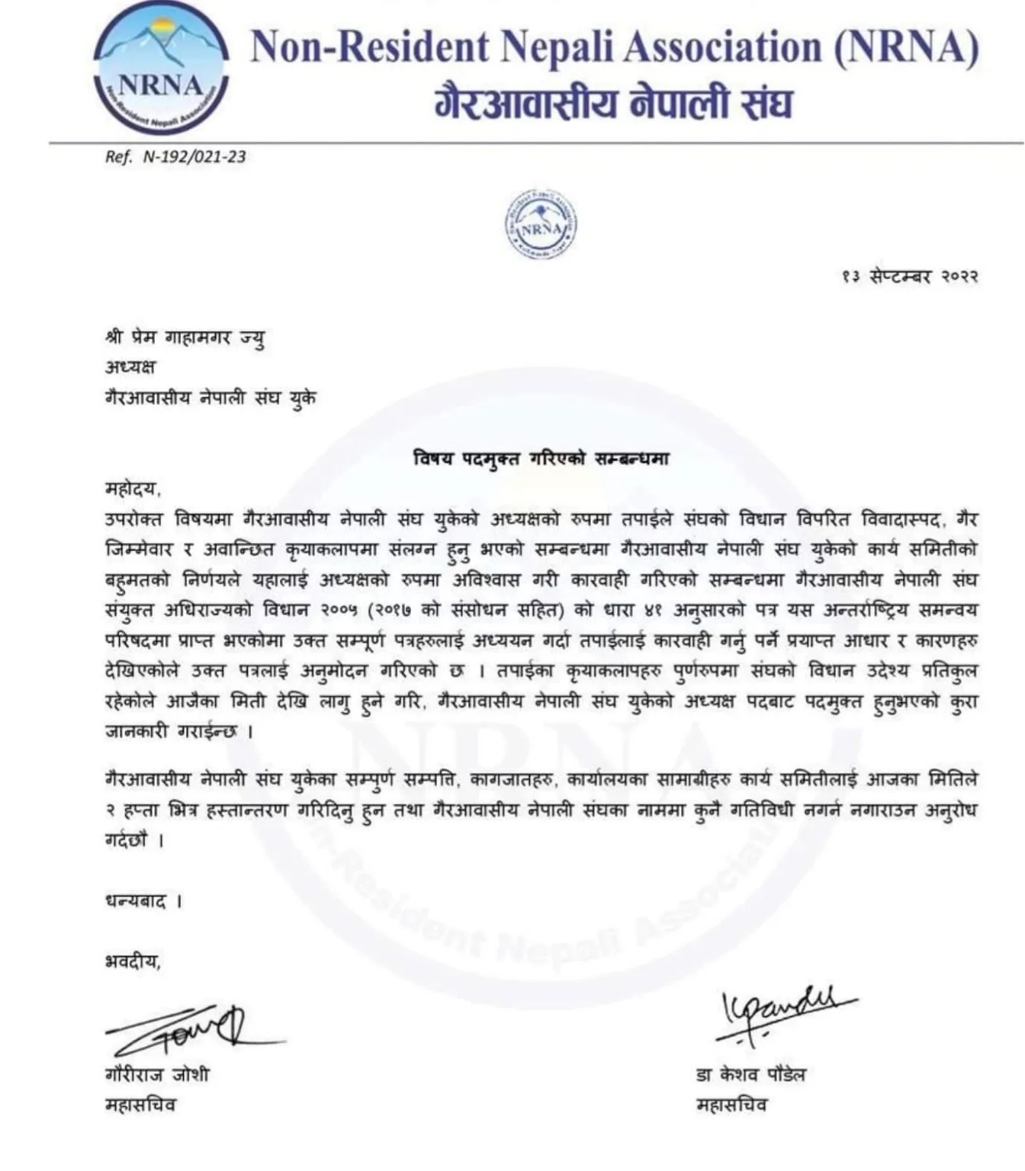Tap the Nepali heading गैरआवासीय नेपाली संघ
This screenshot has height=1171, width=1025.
[x=613, y=103]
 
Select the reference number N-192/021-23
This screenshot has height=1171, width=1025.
[x=194, y=157]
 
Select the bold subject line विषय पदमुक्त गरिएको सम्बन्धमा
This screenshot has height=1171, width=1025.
[x=541, y=459]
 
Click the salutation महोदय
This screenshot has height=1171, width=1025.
[x=133, y=489]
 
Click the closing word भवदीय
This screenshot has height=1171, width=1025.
[x=133, y=961]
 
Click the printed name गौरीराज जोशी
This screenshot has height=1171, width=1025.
[x=156, y=1075]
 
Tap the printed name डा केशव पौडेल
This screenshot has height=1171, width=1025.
[x=750, y=1075]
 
